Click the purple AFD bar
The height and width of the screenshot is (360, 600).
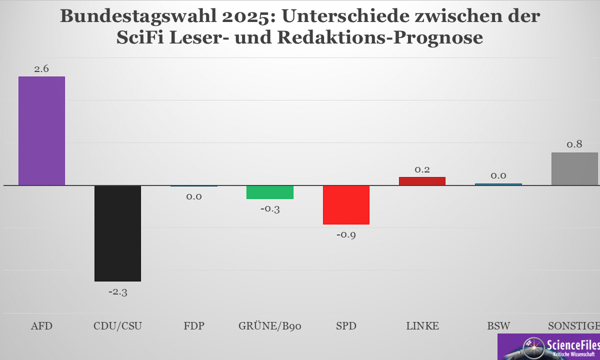coord(41,131)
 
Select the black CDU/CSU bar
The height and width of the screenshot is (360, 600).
coord(117,233)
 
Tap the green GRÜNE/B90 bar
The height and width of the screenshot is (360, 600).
coord(269,192)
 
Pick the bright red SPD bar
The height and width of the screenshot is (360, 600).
coord(346,205)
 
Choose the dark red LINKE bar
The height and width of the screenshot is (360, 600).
coord(422,181)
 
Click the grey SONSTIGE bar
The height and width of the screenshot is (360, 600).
coord(574,169)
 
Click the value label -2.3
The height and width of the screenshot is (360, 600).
coord(118,292)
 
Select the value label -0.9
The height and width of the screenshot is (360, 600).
coord(346,235)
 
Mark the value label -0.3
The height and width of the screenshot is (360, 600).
coord(270,209)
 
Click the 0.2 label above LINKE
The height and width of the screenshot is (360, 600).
coord(422,169)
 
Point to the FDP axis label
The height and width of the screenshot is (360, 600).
coord(194,326)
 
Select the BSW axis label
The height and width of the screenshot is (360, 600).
coord(498,326)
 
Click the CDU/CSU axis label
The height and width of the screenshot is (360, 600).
coord(118,326)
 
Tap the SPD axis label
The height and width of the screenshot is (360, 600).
coord(346,326)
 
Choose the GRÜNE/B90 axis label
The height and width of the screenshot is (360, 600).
coord(270,326)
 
